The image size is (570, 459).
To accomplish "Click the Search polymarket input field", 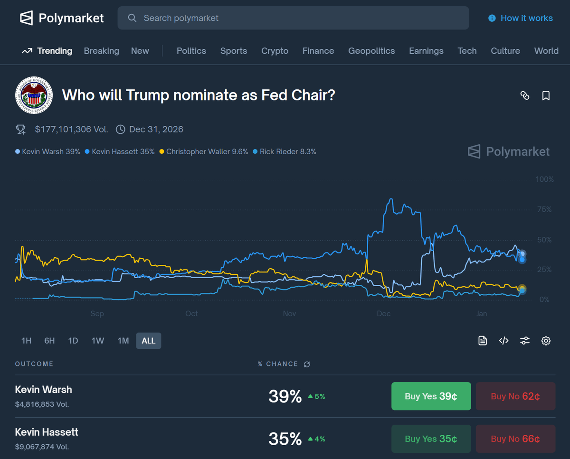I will (293, 18).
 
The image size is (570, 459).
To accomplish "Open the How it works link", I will (521, 18).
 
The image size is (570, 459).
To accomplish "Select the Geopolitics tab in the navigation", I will (371, 51).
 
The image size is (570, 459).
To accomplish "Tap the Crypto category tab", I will (275, 51).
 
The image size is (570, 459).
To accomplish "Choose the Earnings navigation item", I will (426, 51).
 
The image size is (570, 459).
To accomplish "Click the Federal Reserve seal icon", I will (34, 95).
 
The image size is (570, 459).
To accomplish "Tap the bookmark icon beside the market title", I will (546, 95).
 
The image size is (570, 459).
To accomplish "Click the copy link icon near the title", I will (525, 95).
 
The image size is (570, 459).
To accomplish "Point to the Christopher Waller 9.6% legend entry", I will (204, 152).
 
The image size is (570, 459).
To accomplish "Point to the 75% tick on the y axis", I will (544, 209).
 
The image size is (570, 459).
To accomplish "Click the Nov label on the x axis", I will (289, 314).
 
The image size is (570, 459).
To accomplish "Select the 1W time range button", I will (98, 341).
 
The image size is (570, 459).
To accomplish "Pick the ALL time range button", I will (149, 341).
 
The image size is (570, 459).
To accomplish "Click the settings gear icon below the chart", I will (546, 341).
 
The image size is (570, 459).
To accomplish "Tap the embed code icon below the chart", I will (504, 341).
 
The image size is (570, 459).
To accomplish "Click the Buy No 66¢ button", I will (515, 439).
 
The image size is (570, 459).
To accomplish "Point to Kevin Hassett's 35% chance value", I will (285, 439).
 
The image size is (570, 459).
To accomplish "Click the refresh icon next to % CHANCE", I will (307, 364).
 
